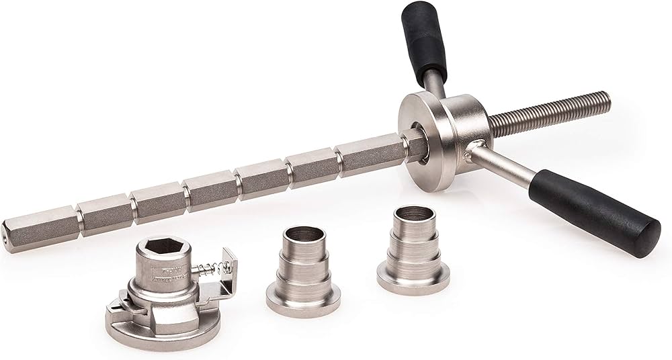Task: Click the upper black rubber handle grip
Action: coord(424,40)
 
